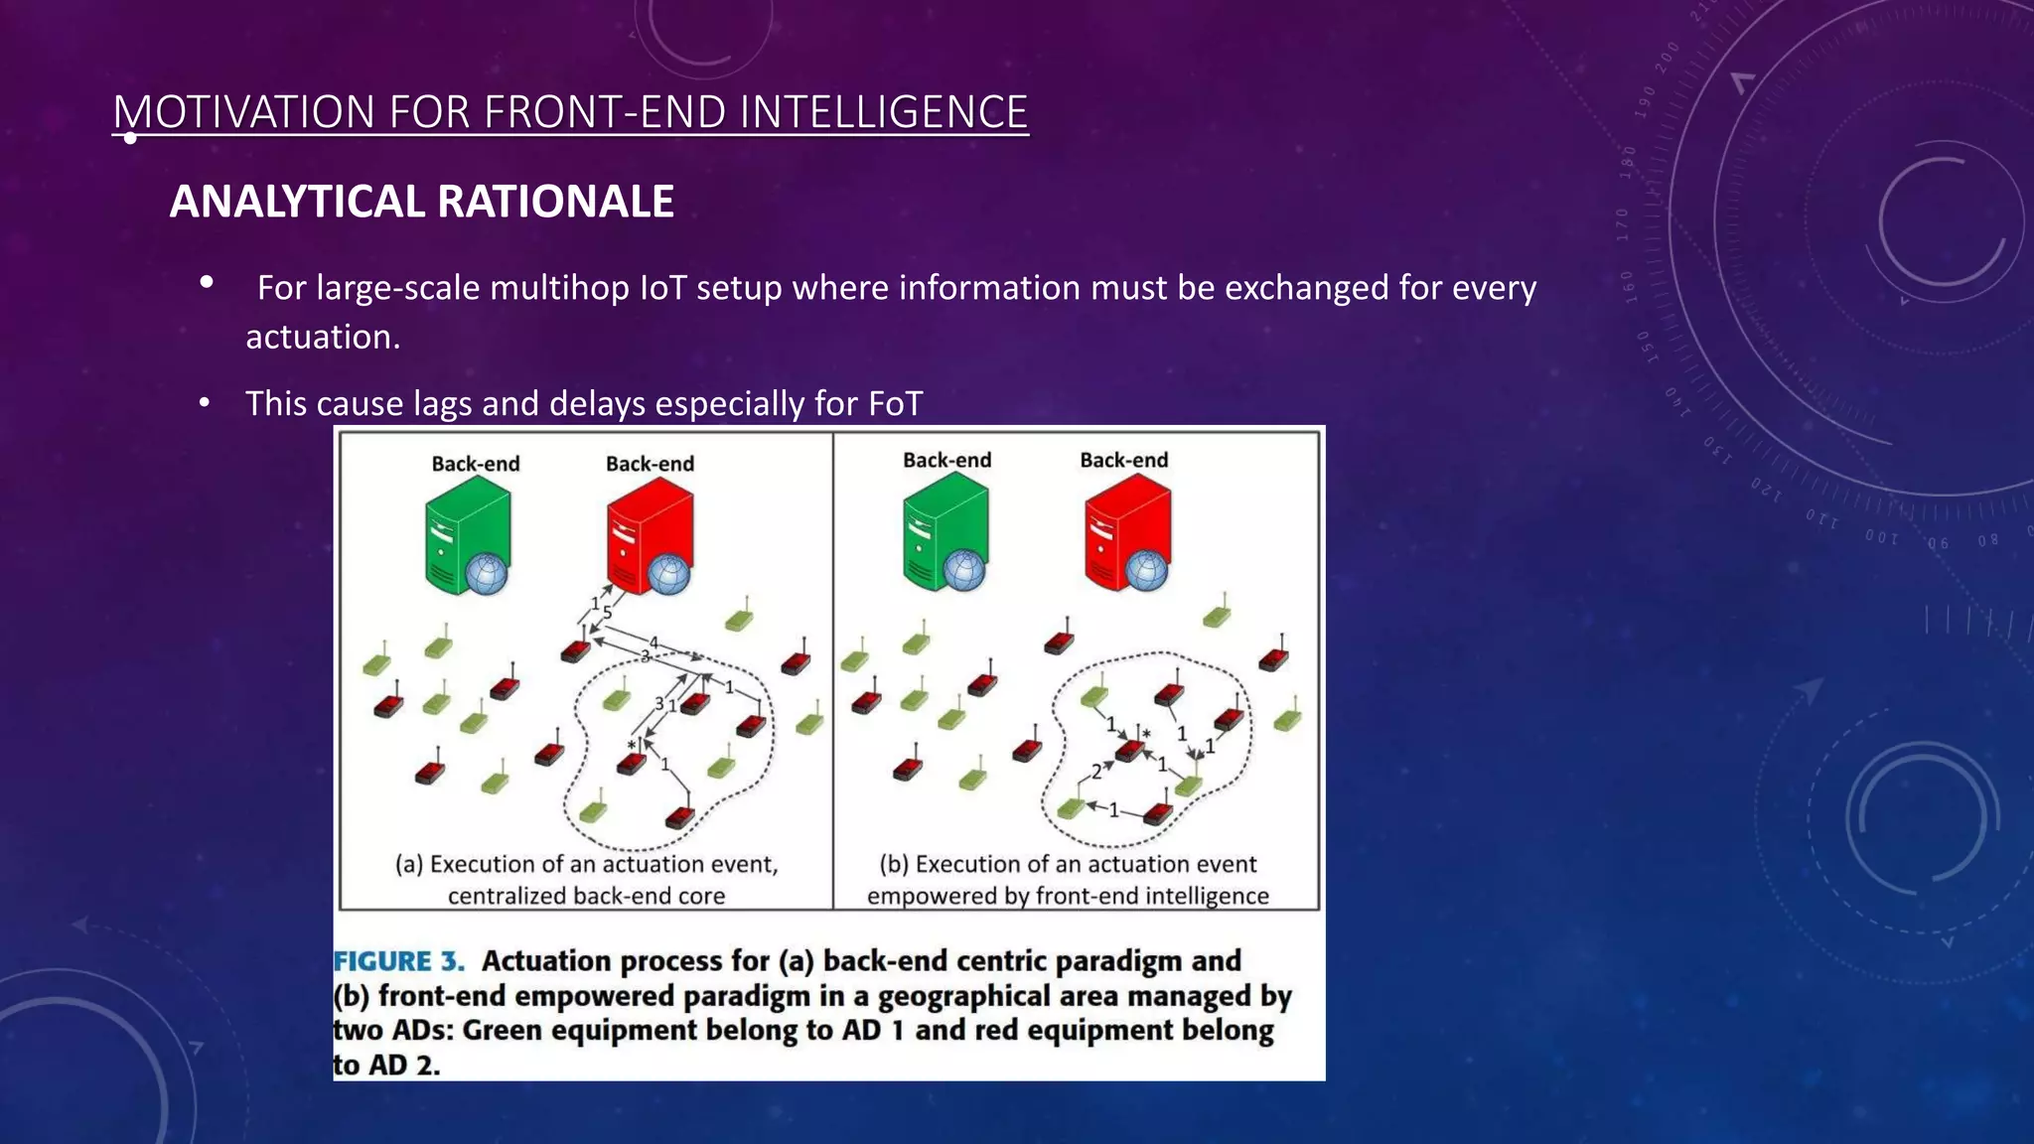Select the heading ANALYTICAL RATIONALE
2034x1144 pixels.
(x=421, y=202)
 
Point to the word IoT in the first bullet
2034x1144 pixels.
(x=661, y=288)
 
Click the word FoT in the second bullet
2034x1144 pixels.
(x=895, y=404)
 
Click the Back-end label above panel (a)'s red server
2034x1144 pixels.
(x=650, y=464)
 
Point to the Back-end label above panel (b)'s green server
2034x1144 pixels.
(x=946, y=460)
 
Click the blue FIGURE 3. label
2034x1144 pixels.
(x=398, y=961)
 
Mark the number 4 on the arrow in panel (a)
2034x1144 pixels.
(x=654, y=643)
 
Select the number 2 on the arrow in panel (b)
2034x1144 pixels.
(x=1096, y=772)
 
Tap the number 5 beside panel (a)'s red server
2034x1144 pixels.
(x=607, y=613)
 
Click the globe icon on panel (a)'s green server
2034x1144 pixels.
(x=487, y=574)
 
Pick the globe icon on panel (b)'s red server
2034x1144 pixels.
(x=1147, y=570)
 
